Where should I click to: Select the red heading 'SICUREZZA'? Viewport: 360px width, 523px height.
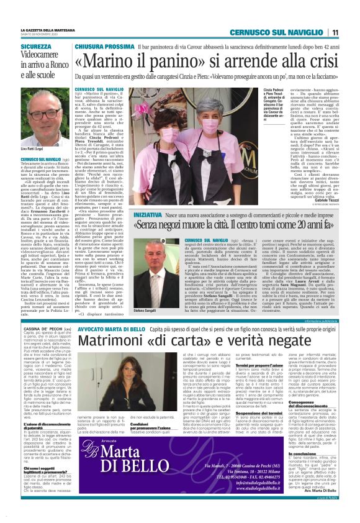click(36, 47)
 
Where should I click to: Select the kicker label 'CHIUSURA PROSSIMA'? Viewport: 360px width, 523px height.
click(103, 47)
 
